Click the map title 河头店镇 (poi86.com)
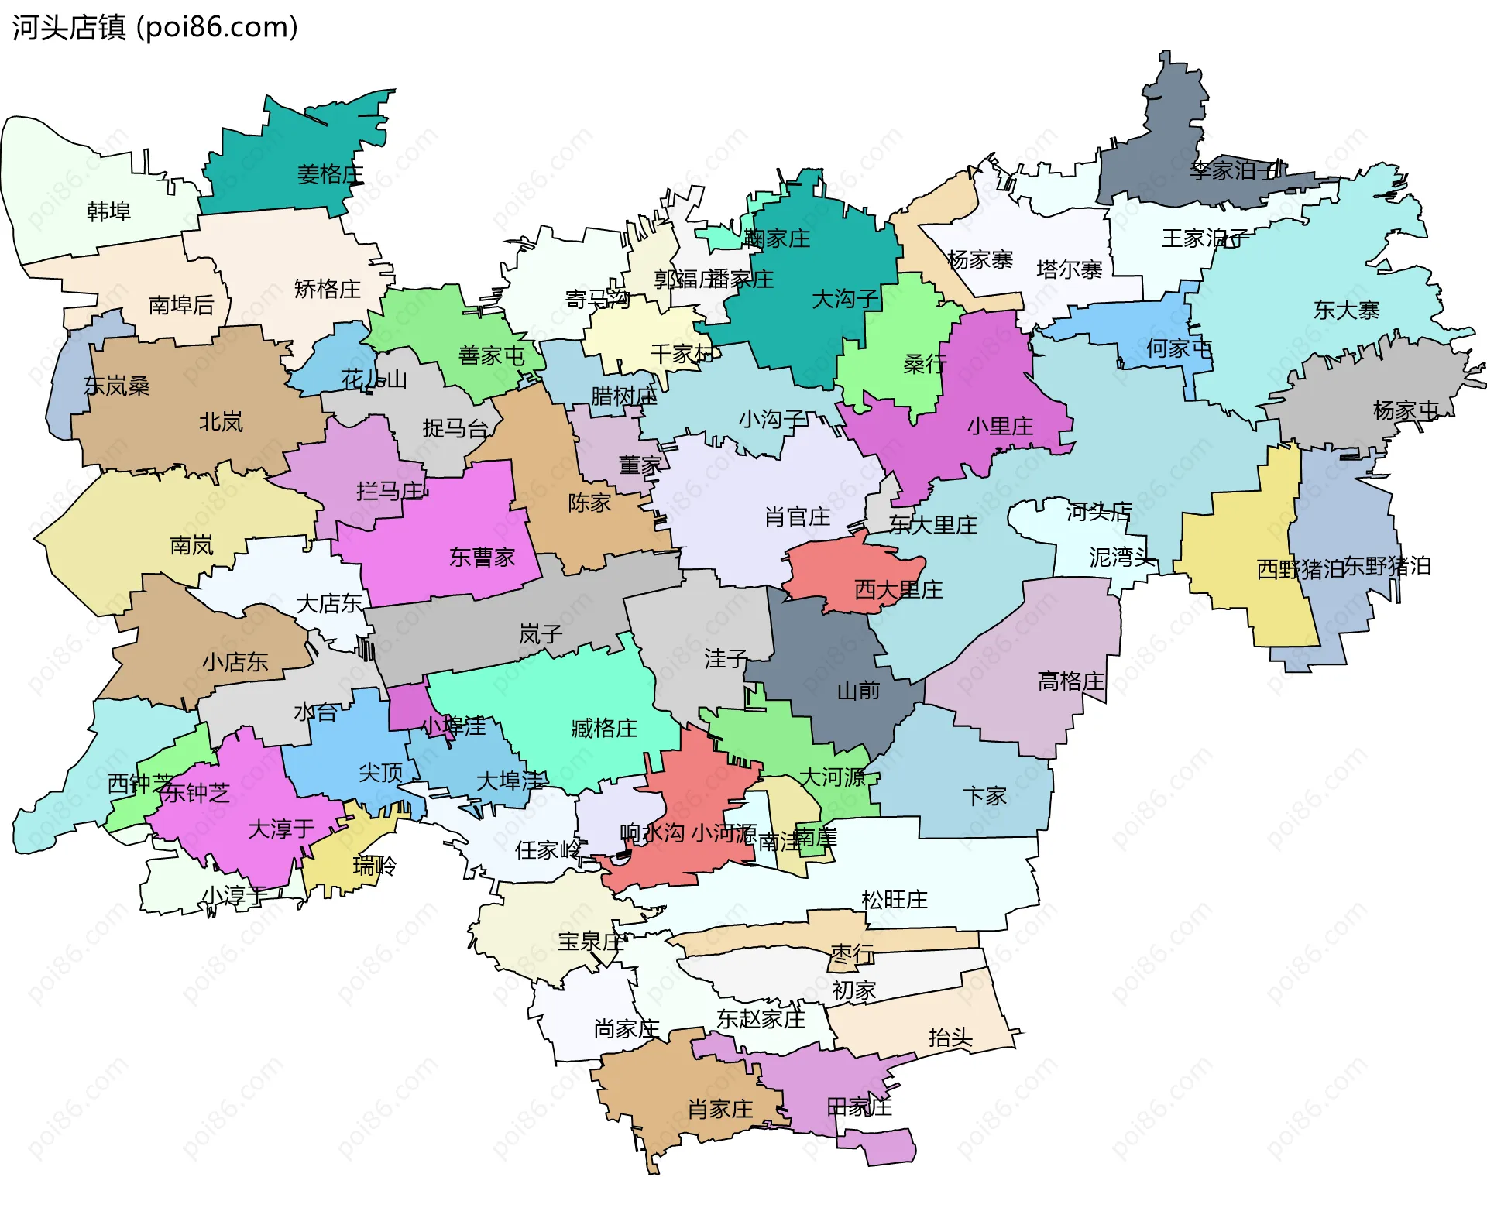coord(155,27)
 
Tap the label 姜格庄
coord(331,173)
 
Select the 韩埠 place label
coord(108,211)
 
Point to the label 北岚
coord(221,422)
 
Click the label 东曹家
coord(482,557)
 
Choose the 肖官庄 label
coord(797,516)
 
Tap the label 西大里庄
coord(898,590)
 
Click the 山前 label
coord(858,690)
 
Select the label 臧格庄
coord(604,728)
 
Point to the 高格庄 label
coord(1070,681)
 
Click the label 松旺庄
coord(894,900)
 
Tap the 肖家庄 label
coord(720,1110)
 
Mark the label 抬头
coord(950,1038)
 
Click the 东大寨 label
coord(1346,311)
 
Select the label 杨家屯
coord(1405,410)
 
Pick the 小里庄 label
coord(1000,426)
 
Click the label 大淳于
coord(280,829)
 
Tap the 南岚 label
coord(191,546)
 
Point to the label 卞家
coord(984,796)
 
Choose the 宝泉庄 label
coord(590,942)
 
